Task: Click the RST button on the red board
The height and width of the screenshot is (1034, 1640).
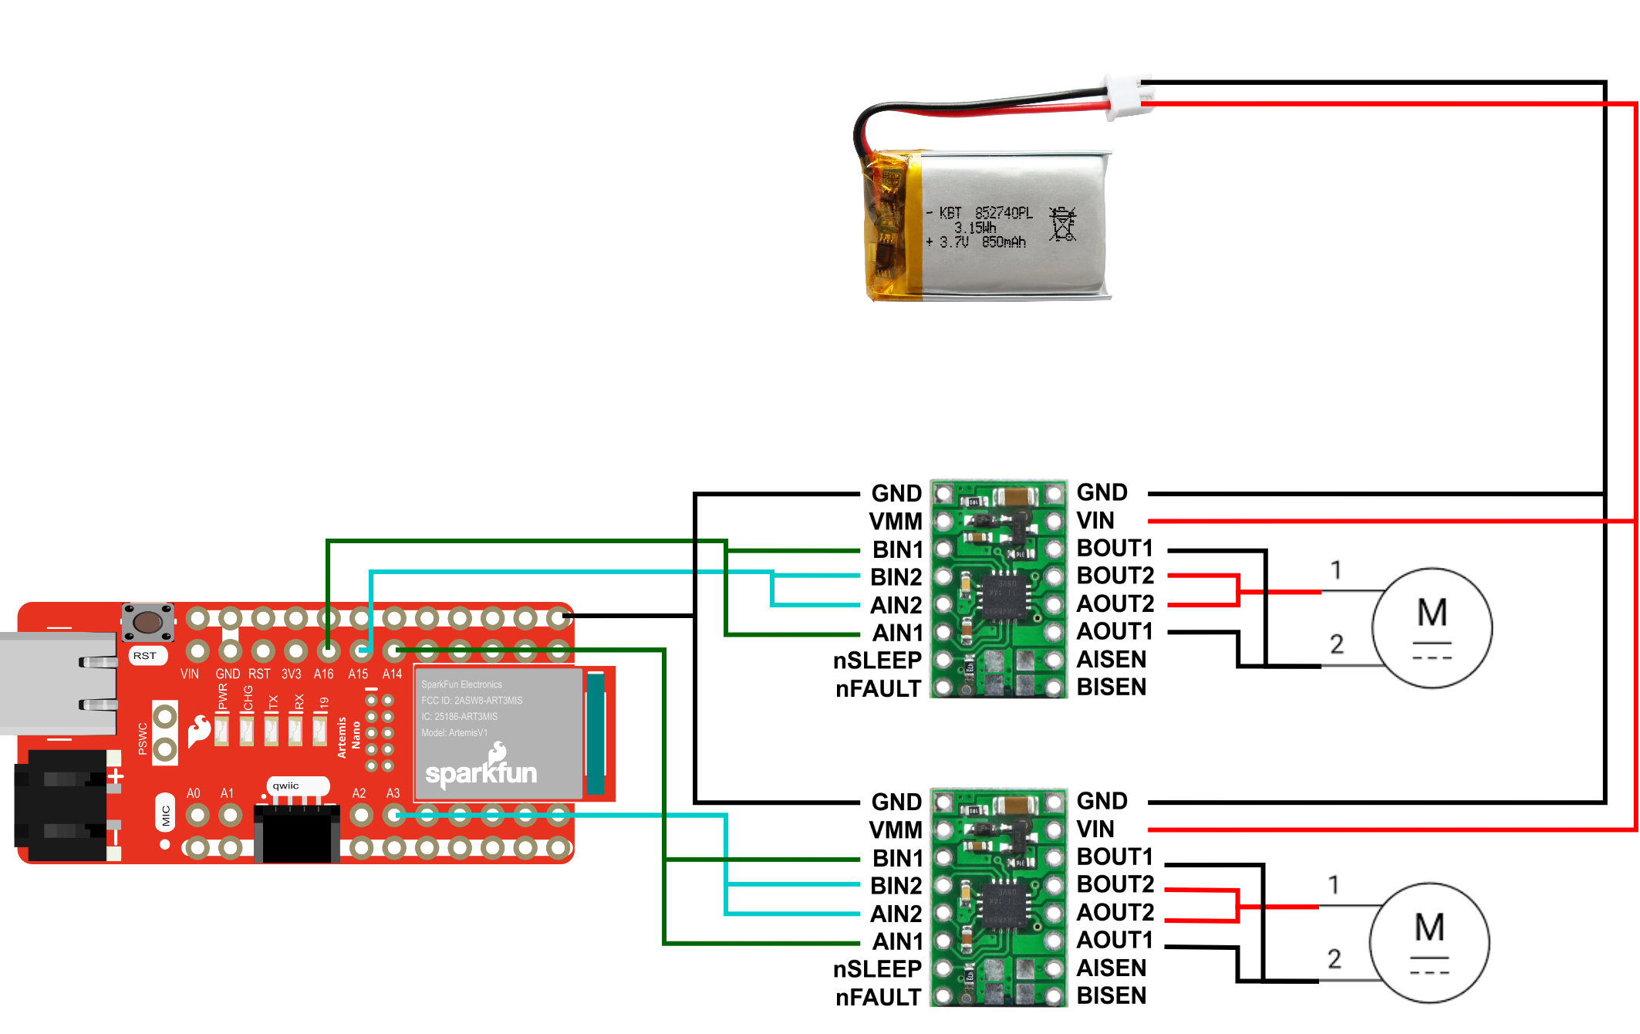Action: [x=148, y=622]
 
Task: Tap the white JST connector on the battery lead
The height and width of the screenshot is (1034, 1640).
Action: [x=1129, y=96]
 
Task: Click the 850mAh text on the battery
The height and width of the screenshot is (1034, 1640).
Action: [x=1004, y=242]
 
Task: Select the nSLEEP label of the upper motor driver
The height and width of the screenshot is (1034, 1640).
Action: [x=877, y=661]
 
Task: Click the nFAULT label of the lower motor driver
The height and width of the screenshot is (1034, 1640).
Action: [x=878, y=998]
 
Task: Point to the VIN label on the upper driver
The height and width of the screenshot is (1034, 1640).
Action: [x=1095, y=521]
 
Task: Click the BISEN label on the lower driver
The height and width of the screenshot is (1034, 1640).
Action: [x=1111, y=996]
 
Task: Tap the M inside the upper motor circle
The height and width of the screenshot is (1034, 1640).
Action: [x=1432, y=613]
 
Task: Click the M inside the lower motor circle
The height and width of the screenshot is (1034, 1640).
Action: [x=1429, y=928]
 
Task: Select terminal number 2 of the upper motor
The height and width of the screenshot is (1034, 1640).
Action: [x=1337, y=644]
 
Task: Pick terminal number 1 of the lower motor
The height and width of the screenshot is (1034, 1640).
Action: [x=1334, y=884]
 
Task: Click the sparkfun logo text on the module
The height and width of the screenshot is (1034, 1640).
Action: [x=481, y=772]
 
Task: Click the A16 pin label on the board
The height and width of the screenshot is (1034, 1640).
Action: [x=323, y=674]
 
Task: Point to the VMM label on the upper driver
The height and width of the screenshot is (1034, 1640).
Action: [x=896, y=522]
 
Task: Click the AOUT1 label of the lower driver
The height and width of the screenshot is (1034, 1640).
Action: [x=1115, y=941]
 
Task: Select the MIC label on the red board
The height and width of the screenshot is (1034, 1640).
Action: [x=165, y=816]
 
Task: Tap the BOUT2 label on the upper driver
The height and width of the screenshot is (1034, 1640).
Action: [x=1115, y=576]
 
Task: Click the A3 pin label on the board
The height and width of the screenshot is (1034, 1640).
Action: [x=393, y=793]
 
